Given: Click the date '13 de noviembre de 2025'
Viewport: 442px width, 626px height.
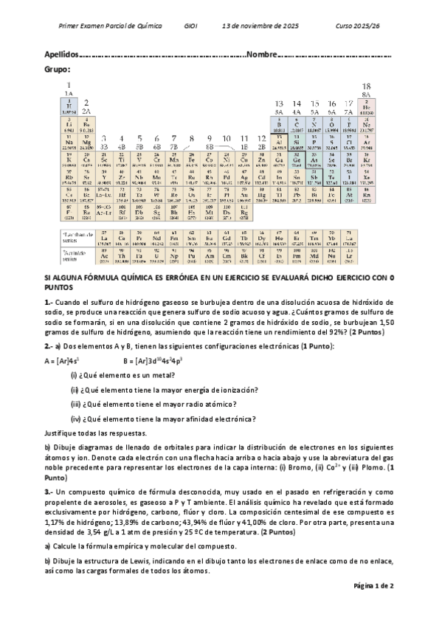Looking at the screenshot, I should tap(260, 26).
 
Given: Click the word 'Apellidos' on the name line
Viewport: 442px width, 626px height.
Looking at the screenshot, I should tap(61, 55).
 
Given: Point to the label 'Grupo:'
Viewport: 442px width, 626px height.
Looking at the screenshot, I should tap(58, 69).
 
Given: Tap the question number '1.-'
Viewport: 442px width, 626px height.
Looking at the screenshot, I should tap(49, 302).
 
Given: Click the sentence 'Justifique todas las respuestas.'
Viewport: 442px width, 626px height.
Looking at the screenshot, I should tap(95, 433).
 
